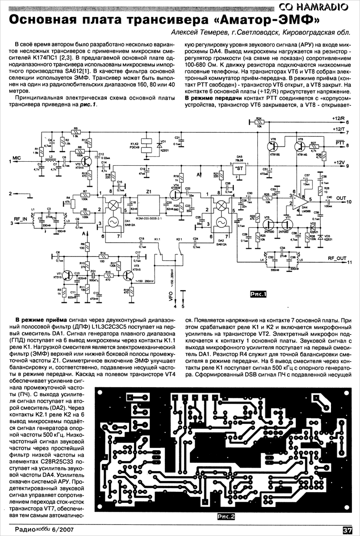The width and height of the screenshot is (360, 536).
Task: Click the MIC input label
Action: [x=16, y=158]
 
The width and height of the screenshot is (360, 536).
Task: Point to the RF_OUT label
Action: [x=336, y=258]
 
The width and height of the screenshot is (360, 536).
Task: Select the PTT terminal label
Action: [x=339, y=142]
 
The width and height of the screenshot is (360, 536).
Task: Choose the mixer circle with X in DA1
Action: [x=114, y=205]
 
